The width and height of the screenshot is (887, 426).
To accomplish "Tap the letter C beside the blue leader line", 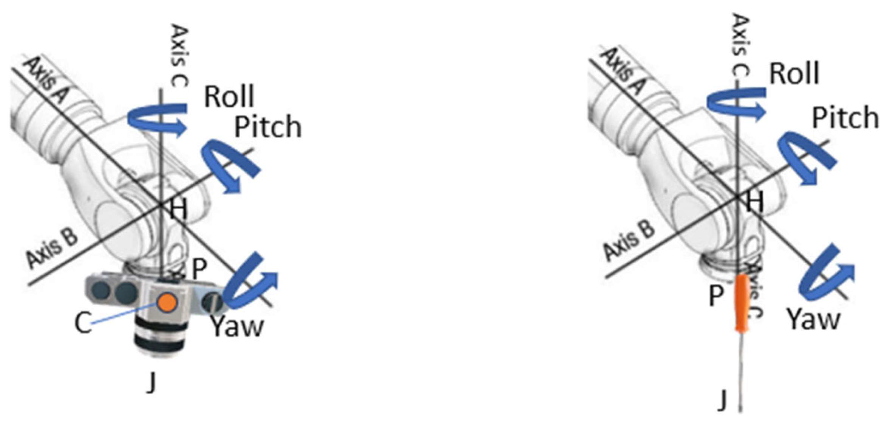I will [x=83, y=323].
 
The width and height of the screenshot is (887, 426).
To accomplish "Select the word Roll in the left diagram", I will [x=229, y=97].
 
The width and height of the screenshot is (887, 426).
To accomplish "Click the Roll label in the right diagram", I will [x=794, y=73].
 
